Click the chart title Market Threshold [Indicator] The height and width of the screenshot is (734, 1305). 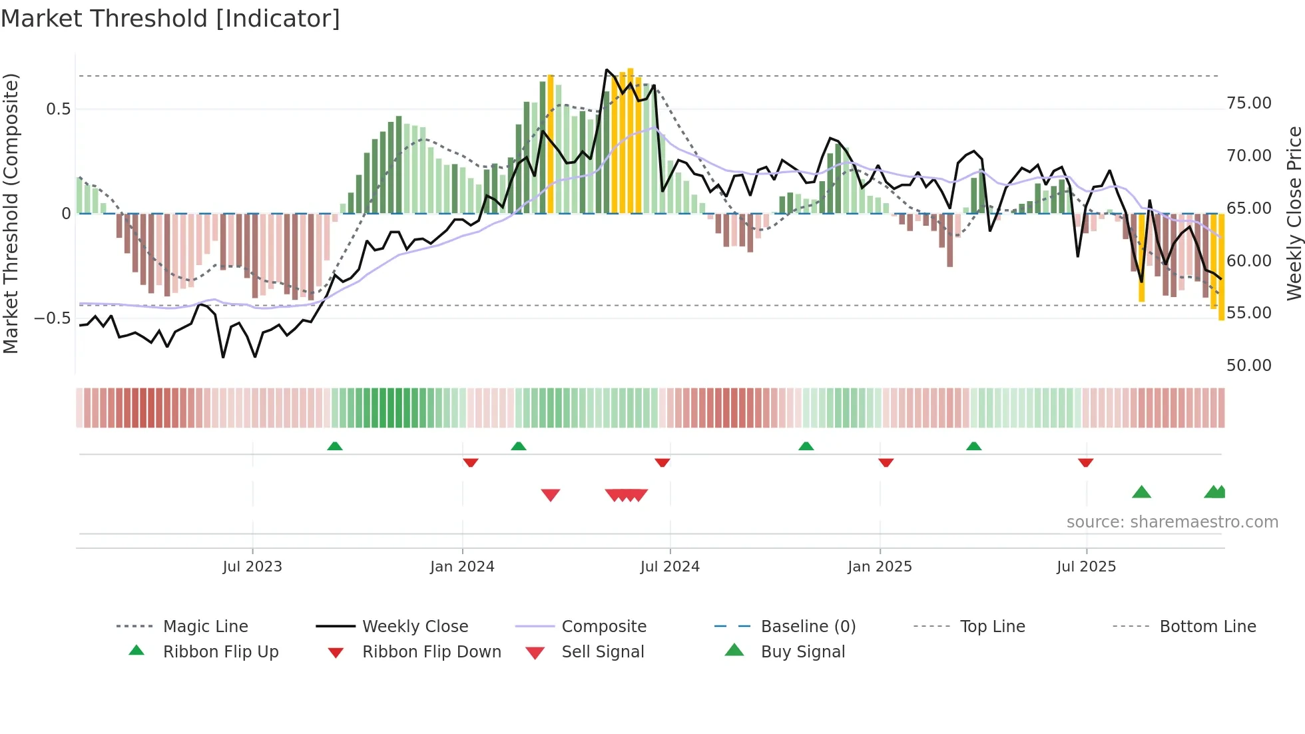[170, 19]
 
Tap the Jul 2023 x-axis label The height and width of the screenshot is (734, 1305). [252, 567]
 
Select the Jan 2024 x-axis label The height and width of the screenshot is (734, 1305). [462, 567]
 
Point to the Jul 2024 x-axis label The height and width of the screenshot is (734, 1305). [670, 567]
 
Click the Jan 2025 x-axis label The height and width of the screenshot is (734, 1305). [880, 567]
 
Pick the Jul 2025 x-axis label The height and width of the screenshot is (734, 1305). [1086, 567]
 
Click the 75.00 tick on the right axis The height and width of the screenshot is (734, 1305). [1248, 103]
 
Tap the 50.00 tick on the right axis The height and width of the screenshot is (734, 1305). [1248, 366]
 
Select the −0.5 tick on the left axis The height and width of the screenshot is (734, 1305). [53, 318]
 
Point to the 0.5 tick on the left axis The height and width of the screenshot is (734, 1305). [59, 109]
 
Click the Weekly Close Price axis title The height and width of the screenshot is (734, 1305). [1294, 213]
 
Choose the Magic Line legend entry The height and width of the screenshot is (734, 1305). [205, 627]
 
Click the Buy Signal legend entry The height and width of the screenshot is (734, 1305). [802, 652]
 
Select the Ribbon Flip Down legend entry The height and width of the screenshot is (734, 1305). [431, 652]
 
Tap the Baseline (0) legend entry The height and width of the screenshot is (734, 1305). [808, 627]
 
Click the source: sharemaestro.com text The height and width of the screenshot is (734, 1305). [1172, 522]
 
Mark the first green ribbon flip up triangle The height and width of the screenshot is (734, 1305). [335, 446]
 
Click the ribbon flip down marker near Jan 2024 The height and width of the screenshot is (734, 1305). [471, 462]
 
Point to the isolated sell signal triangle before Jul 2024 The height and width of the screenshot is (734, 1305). [551, 495]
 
